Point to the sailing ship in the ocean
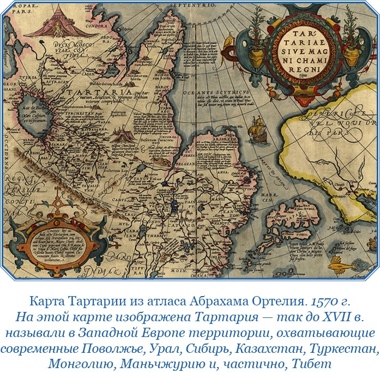256,130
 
